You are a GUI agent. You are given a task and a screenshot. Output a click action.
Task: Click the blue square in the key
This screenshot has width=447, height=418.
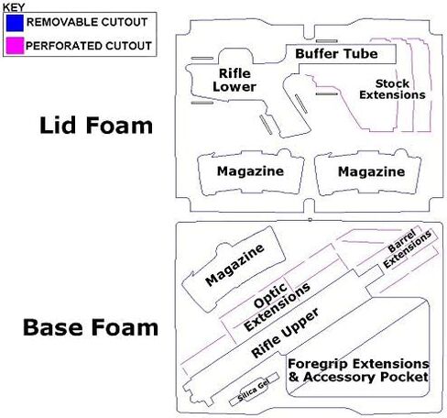coord(15,23)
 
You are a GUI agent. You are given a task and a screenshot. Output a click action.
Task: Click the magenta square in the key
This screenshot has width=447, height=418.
coord(15,46)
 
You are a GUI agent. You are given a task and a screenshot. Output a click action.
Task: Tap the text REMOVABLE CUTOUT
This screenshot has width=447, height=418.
coord(87,22)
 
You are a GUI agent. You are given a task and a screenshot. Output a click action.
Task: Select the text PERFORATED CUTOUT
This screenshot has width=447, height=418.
coord(89,46)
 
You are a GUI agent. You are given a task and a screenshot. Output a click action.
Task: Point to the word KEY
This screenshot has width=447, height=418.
coord(14,7)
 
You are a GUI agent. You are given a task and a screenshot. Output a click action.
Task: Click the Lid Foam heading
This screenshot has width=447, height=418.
coord(96,126)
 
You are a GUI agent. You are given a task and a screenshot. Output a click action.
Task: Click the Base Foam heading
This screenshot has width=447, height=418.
coord(91,327)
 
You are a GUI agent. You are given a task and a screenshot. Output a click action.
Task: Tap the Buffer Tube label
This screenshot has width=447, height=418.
coord(336,54)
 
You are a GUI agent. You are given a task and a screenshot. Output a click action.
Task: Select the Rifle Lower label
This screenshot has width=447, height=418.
coord(234,80)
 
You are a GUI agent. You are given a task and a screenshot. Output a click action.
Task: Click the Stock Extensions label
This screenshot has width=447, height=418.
coord(392,89)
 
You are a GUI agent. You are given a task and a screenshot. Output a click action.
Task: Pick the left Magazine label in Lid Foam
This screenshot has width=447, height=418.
coord(250,171)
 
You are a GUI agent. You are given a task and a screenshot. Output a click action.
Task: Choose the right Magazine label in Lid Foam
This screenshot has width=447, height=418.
coord(371,171)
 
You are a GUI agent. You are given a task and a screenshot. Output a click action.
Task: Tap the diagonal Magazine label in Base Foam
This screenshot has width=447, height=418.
coord(234,265)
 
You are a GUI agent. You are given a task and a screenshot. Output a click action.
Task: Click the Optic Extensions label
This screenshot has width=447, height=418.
coord(277,306)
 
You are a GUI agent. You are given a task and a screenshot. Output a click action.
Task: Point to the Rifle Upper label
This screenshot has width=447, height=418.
coord(285,333)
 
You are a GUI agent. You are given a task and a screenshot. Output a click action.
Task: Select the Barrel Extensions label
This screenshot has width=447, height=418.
coord(407,248)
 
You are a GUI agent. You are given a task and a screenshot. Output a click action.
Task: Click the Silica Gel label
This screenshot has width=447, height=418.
coord(253,390)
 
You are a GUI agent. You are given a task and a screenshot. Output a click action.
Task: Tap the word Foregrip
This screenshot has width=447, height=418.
coord(318,364)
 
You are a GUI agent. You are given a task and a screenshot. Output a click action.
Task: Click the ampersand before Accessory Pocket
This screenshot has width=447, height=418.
coord(293,377)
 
